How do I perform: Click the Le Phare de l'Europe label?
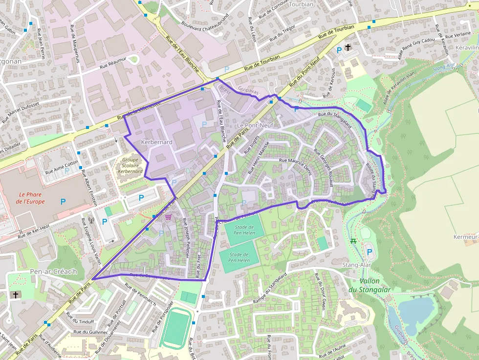point(31,198)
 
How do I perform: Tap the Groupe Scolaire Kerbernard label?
point(131,166)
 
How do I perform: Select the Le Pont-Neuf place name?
point(255,126)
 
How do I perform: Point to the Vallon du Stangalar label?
point(375,285)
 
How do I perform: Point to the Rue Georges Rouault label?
point(324,167)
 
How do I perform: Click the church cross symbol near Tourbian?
point(348,47)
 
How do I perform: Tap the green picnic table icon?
point(353,241)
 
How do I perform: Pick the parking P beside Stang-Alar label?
point(370,252)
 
